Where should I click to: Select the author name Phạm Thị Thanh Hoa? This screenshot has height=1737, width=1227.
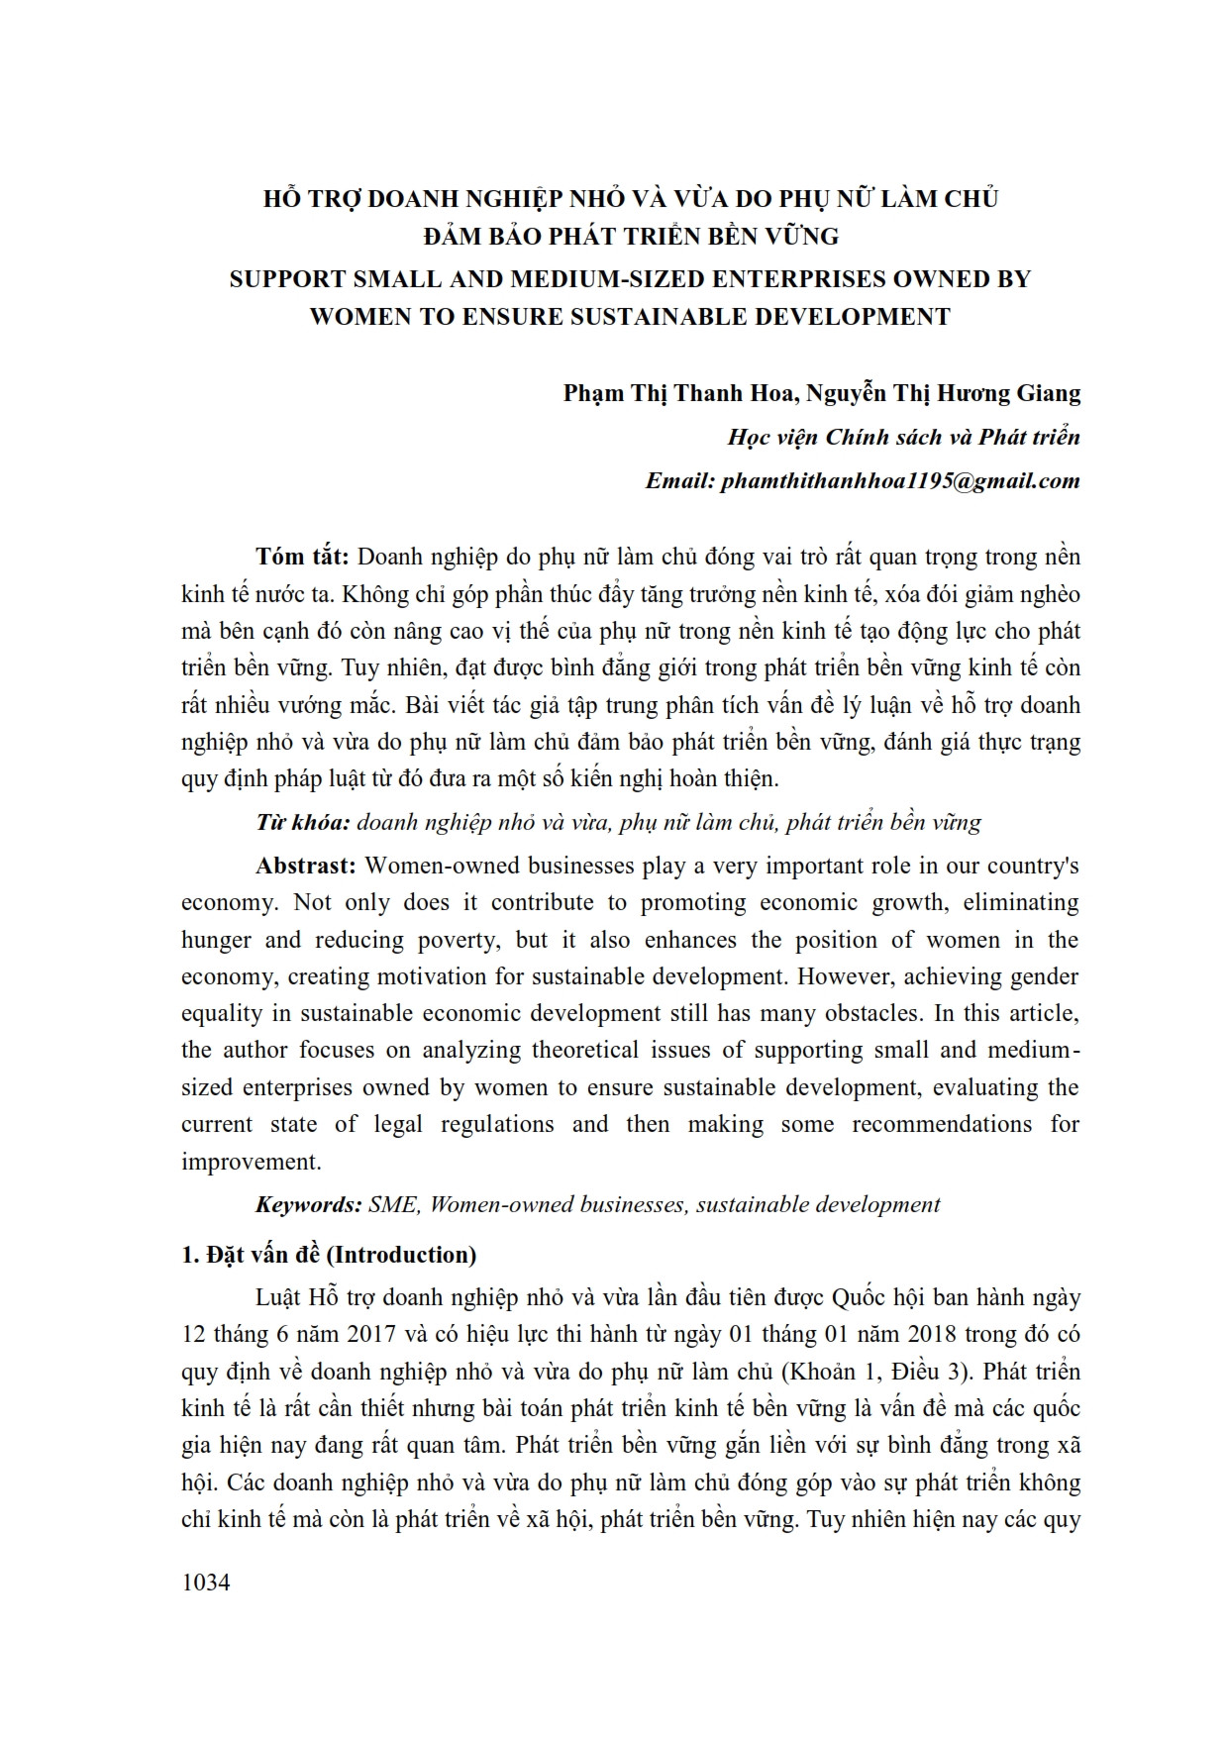pos(678,393)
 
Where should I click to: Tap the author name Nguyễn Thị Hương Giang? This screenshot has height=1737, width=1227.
pos(943,393)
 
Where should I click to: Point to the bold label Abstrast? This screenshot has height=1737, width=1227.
pos(305,866)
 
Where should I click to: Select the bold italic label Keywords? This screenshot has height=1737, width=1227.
pos(308,1205)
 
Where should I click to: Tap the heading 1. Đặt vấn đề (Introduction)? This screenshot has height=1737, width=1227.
pos(329,1255)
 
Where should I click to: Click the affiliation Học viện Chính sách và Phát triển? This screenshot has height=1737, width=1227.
pos(903,438)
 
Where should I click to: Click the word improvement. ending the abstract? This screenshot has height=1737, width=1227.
pos(251,1162)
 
